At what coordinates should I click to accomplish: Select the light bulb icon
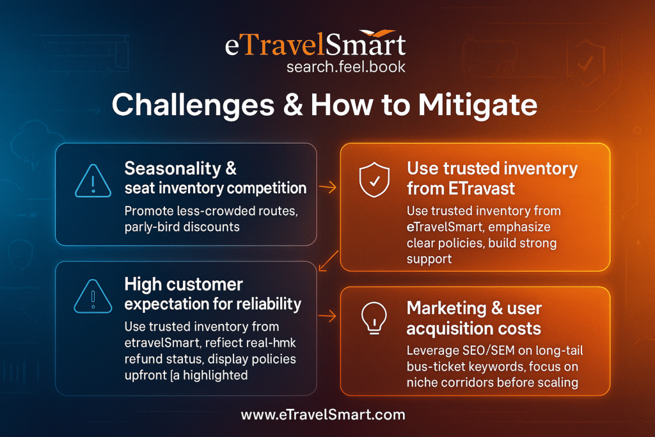pyautogui.click(x=373, y=318)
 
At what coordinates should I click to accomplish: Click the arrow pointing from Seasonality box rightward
pyautogui.click(x=327, y=187)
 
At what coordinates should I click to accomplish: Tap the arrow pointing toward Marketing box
pyautogui.click(x=327, y=315)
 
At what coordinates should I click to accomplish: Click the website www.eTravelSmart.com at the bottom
pyautogui.click(x=323, y=415)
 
